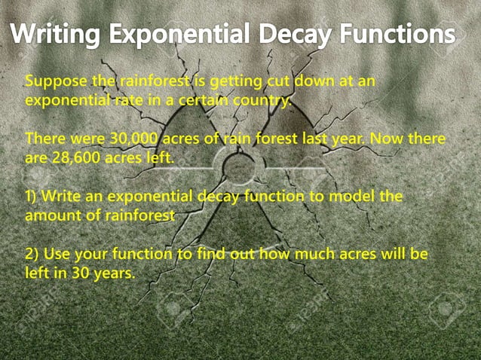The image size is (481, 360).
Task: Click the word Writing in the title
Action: click(x=57, y=35)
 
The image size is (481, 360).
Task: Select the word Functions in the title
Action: click(x=400, y=35)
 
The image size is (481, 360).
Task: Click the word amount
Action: click(x=52, y=215)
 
